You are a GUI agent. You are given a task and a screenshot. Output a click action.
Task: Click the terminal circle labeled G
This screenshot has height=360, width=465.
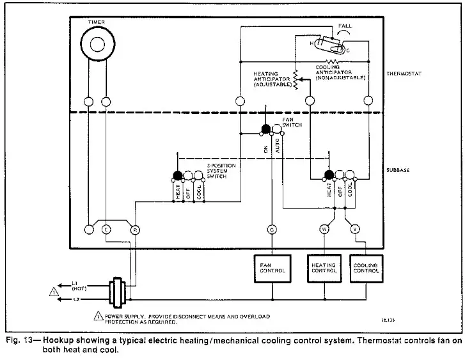coord(272,228)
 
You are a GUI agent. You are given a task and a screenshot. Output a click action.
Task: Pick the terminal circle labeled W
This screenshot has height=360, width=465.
coord(324,228)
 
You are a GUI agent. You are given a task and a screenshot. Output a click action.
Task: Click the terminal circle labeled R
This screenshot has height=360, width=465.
coord(134,229)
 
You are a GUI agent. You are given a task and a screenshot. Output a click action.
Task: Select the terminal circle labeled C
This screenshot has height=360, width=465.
coord(106,229)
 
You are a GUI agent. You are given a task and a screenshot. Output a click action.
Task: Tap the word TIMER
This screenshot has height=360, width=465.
coord(97,22)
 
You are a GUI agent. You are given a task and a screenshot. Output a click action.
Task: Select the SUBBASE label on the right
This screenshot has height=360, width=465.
coord(398,170)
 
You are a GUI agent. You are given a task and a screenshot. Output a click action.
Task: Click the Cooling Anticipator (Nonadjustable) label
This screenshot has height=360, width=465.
coord(340,72)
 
